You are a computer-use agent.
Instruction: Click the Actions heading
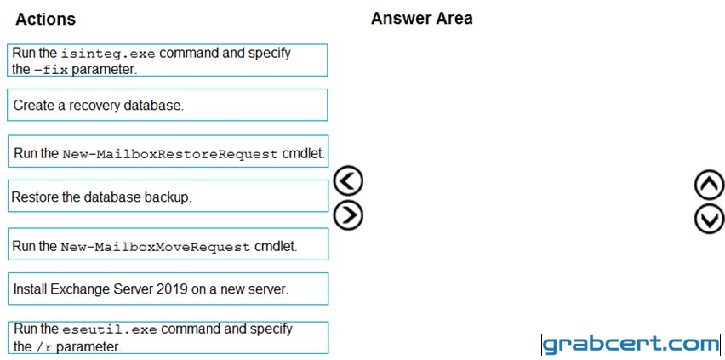45,19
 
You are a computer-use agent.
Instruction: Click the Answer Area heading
422,18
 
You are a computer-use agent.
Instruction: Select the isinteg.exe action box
168,60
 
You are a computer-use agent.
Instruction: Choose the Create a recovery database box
168,105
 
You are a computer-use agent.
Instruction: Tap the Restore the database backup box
168,197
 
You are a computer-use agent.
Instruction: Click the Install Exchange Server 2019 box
168,289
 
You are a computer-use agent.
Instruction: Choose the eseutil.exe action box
168,337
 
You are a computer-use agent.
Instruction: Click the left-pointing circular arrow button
348,180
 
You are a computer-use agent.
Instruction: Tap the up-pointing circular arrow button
710,184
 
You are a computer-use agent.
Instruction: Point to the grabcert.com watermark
631,345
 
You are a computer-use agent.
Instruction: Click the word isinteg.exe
109,54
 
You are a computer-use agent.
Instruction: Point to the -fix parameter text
50,70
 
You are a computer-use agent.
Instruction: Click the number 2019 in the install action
173,289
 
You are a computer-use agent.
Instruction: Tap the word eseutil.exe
110,329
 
